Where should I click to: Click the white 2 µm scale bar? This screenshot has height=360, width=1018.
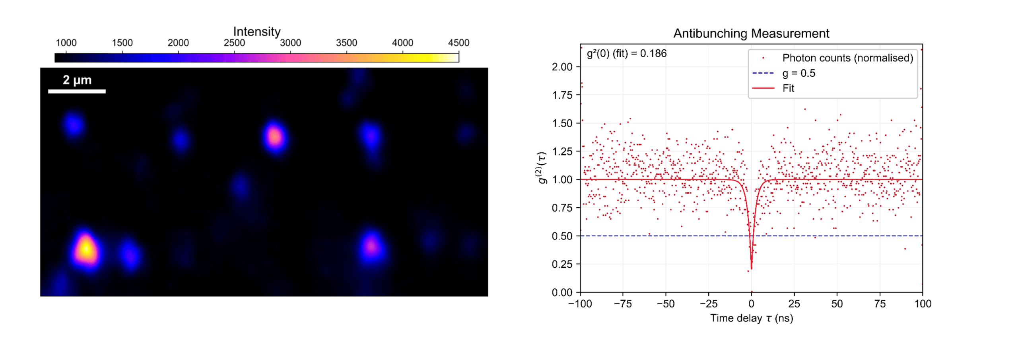[x=77, y=91]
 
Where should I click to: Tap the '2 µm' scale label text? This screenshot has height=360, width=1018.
[x=77, y=80]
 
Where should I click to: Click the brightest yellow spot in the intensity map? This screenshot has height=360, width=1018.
[x=85, y=249]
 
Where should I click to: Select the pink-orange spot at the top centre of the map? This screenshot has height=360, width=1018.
[x=274, y=137]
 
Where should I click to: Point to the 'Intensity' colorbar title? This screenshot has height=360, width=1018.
[x=256, y=31]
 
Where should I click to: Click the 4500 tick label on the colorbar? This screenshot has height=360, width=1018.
[x=458, y=43]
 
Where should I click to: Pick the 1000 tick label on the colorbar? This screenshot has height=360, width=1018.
[x=66, y=43]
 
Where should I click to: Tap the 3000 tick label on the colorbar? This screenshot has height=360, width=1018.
[x=290, y=43]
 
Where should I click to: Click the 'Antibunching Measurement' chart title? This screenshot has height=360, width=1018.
[x=751, y=33]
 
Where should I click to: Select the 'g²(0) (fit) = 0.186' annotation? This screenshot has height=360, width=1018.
[x=627, y=53]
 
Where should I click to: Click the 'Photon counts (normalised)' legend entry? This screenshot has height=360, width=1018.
[x=848, y=58]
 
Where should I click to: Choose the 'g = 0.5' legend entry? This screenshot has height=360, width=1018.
[x=799, y=73]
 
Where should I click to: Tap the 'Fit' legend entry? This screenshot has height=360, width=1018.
[x=788, y=88]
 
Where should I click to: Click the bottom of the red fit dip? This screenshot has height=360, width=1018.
[x=751, y=269]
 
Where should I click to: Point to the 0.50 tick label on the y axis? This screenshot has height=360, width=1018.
[x=562, y=236]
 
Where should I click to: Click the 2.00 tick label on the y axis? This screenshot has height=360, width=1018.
[x=562, y=67]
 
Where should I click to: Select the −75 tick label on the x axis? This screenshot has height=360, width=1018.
[x=623, y=304]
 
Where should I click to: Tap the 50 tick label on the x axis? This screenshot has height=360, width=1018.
[x=837, y=304]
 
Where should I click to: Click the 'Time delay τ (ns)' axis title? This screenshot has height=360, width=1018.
[x=752, y=318]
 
